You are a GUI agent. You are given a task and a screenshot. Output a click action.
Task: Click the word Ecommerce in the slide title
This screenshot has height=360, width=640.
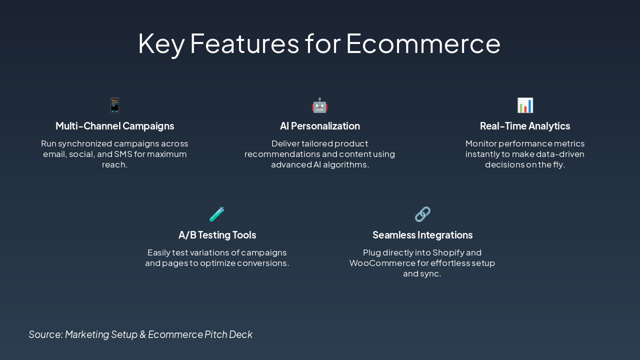[423, 43]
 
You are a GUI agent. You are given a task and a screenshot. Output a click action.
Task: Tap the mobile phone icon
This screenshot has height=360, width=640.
[115, 105]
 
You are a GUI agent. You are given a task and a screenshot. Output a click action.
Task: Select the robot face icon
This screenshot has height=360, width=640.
[320, 105]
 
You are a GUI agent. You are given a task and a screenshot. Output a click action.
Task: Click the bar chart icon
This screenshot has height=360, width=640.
[525, 105]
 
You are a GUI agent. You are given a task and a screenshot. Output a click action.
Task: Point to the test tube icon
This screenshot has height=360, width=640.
[217, 214]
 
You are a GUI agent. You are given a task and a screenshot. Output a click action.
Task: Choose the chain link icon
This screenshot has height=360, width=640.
[422, 214]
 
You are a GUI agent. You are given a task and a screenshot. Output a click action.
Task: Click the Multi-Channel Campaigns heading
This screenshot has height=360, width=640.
[115, 126]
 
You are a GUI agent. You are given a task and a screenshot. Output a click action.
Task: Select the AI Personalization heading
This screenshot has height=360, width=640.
[320, 126]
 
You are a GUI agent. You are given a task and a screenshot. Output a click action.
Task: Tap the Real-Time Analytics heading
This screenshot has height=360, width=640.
[525, 126]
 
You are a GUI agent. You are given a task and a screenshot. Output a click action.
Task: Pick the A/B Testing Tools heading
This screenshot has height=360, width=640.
[217, 235]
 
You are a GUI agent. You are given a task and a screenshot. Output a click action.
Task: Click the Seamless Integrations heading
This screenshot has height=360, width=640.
[422, 235]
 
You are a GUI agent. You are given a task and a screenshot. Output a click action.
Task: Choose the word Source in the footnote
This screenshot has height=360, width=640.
[45, 334]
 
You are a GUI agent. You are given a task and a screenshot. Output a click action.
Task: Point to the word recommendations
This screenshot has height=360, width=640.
[284, 154]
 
